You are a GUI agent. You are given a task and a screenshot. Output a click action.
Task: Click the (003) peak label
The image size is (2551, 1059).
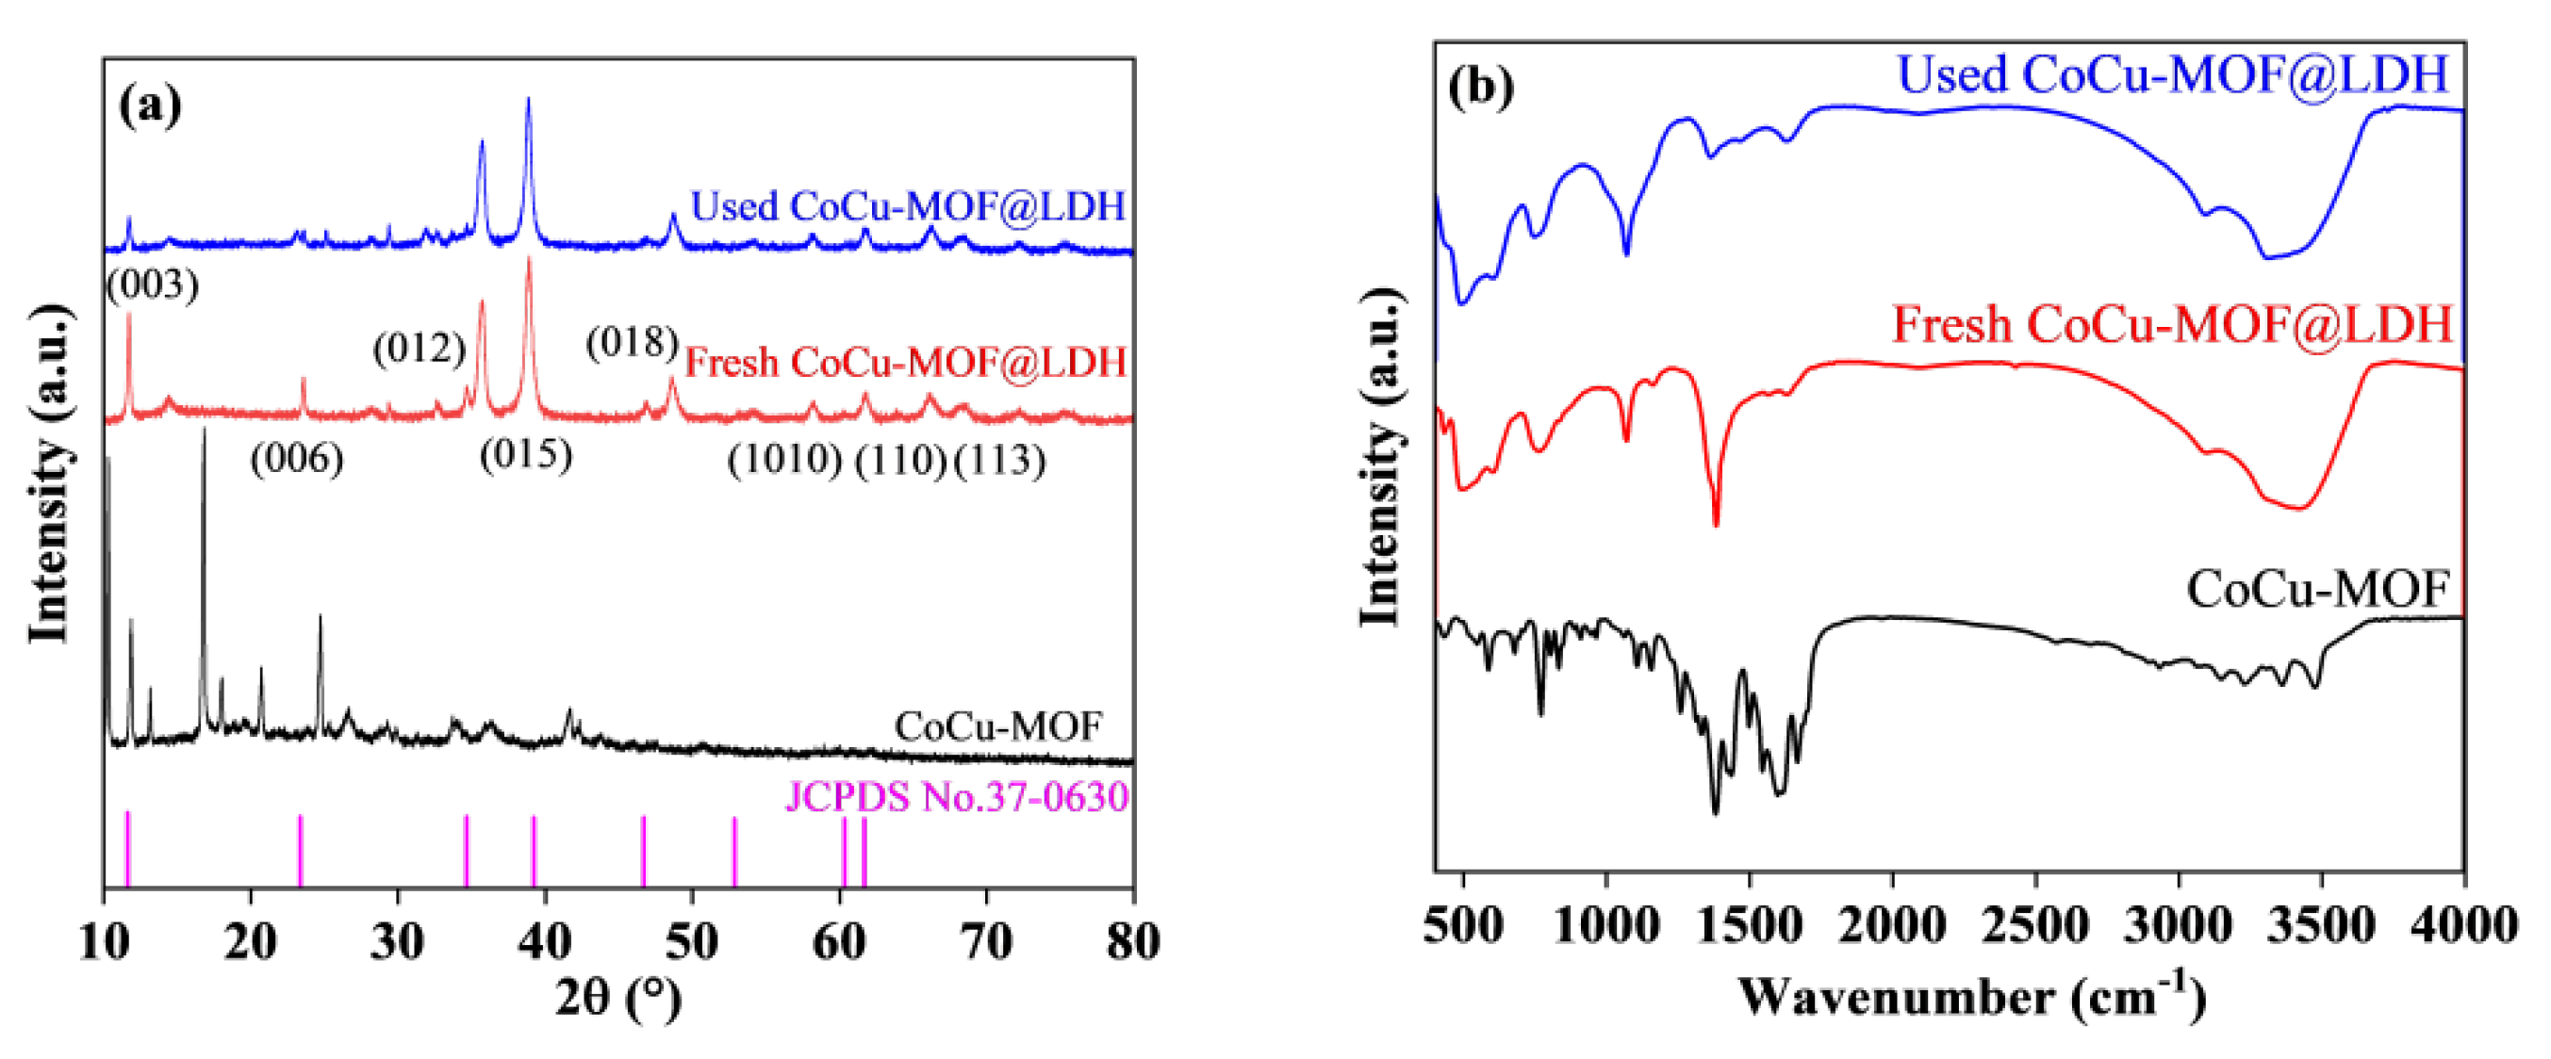tap(153, 285)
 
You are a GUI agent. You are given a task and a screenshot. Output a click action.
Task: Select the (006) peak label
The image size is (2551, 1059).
tap(296, 459)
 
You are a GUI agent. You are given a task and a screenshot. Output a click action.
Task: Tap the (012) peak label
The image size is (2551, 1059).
tap(419, 349)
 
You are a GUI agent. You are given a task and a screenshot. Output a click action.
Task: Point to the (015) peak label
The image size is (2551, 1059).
tap(526, 455)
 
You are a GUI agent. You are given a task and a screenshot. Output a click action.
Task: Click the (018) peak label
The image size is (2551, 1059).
tap(632, 342)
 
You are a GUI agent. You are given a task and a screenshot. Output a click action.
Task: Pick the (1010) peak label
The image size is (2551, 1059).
tap(784, 460)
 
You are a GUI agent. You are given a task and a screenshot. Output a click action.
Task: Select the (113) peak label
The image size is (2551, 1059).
tap(999, 460)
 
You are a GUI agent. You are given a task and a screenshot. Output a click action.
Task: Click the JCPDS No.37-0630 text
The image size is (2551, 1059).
tap(957, 797)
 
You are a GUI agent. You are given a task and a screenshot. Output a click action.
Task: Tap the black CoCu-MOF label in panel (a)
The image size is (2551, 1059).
tap(997, 726)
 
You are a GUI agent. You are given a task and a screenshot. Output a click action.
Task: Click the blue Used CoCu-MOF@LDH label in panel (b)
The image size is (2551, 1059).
tap(2172, 75)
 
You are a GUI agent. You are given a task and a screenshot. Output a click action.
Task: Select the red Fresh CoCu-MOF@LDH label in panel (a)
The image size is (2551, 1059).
tap(905, 364)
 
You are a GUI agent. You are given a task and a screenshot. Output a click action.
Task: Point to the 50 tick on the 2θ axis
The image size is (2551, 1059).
tap(691, 941)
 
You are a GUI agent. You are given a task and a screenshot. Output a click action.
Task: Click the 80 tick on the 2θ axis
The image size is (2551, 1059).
tap(1133, 941)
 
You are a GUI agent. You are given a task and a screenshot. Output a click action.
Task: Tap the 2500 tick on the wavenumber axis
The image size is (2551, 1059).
tap(2036, 925)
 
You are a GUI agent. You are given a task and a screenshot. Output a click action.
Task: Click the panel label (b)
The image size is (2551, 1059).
tap(1480, 87)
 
